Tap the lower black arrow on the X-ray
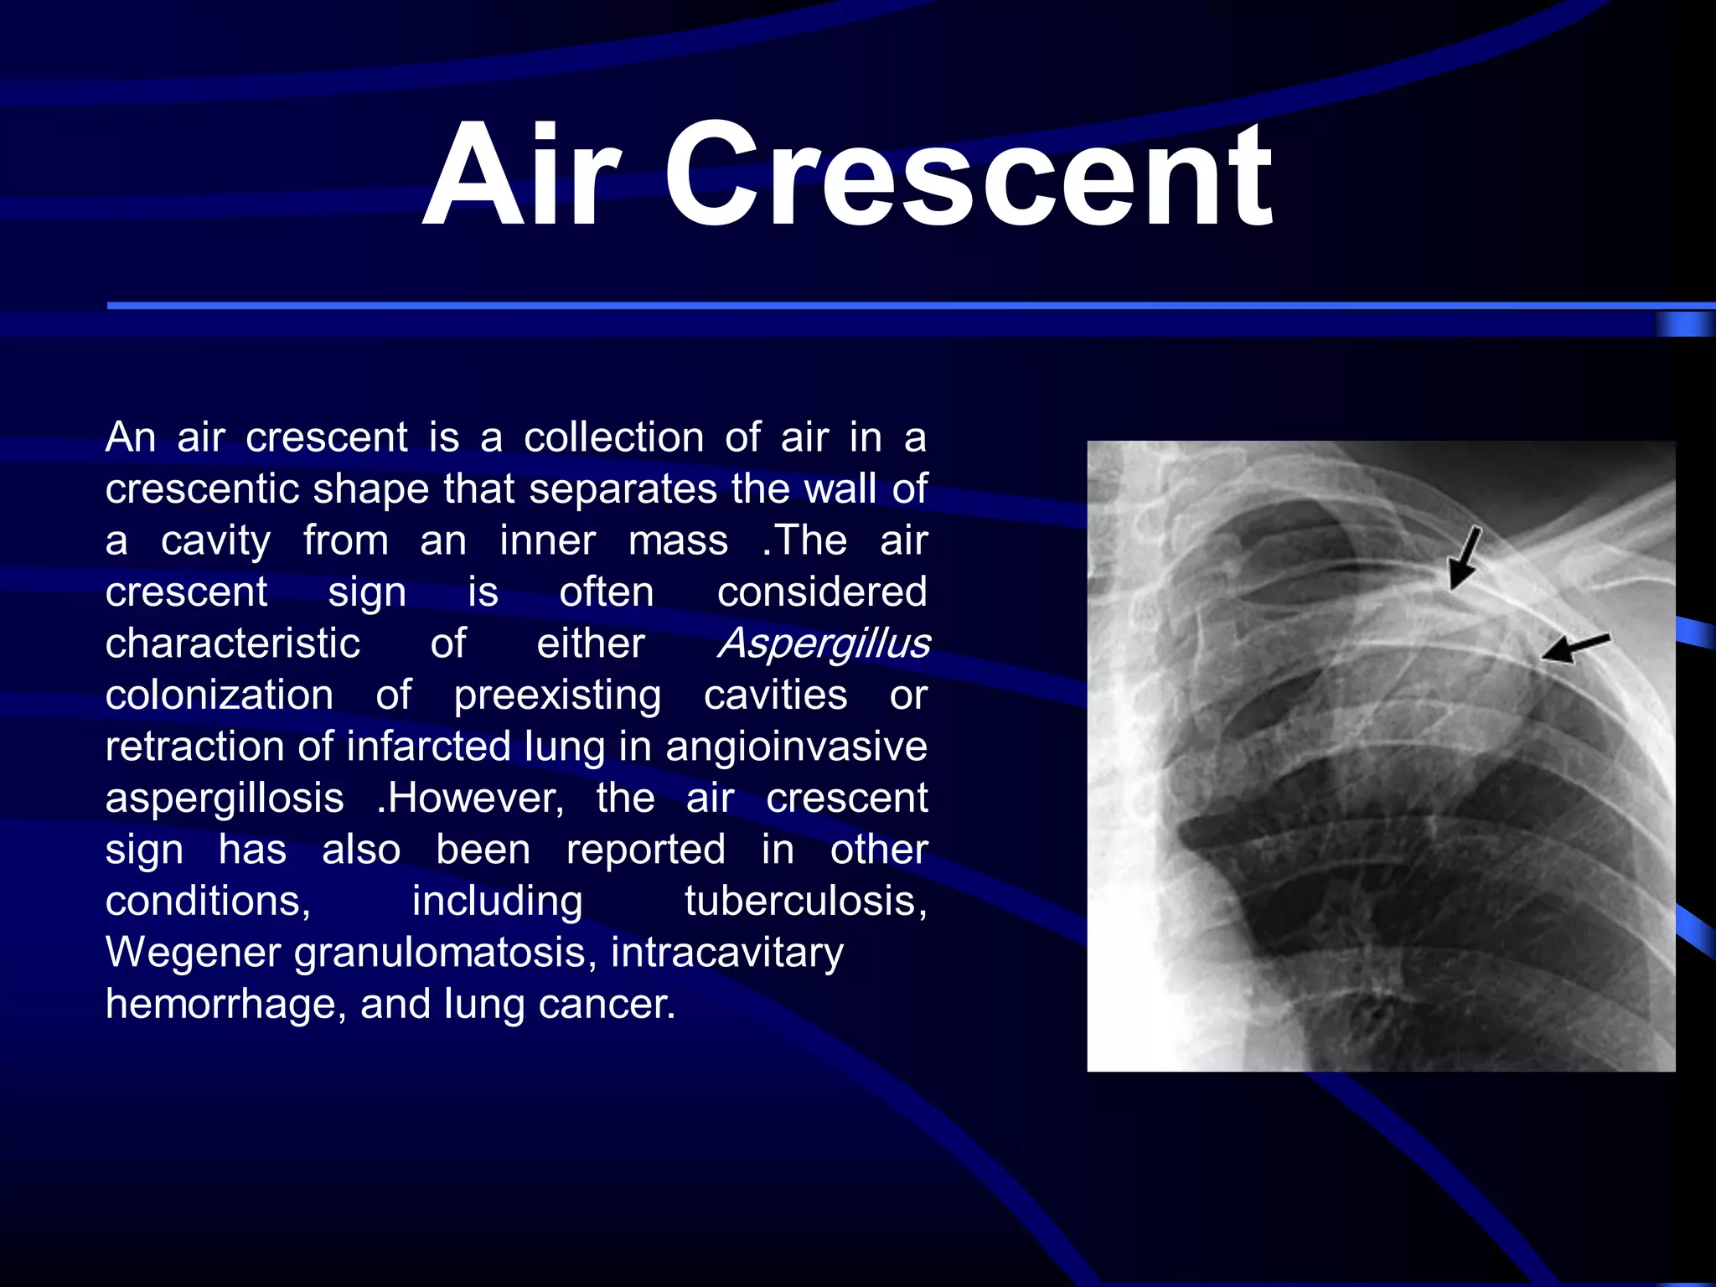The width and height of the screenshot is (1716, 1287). coord(1575,648)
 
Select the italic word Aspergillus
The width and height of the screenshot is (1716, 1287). coord(824,643)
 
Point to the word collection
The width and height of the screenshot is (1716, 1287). coord(614,437)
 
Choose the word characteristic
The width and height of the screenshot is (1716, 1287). coord(233,643)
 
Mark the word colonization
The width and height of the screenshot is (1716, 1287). coord(220,695)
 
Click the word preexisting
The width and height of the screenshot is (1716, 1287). coord(557,695)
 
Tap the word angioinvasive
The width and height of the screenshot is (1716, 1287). coord(796,747)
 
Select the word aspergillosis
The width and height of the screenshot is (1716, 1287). coord(225,799)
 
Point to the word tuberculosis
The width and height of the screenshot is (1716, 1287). coord(805,902)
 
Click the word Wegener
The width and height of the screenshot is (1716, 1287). coord(194,953)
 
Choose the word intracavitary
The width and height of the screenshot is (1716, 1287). coord(726,953)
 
